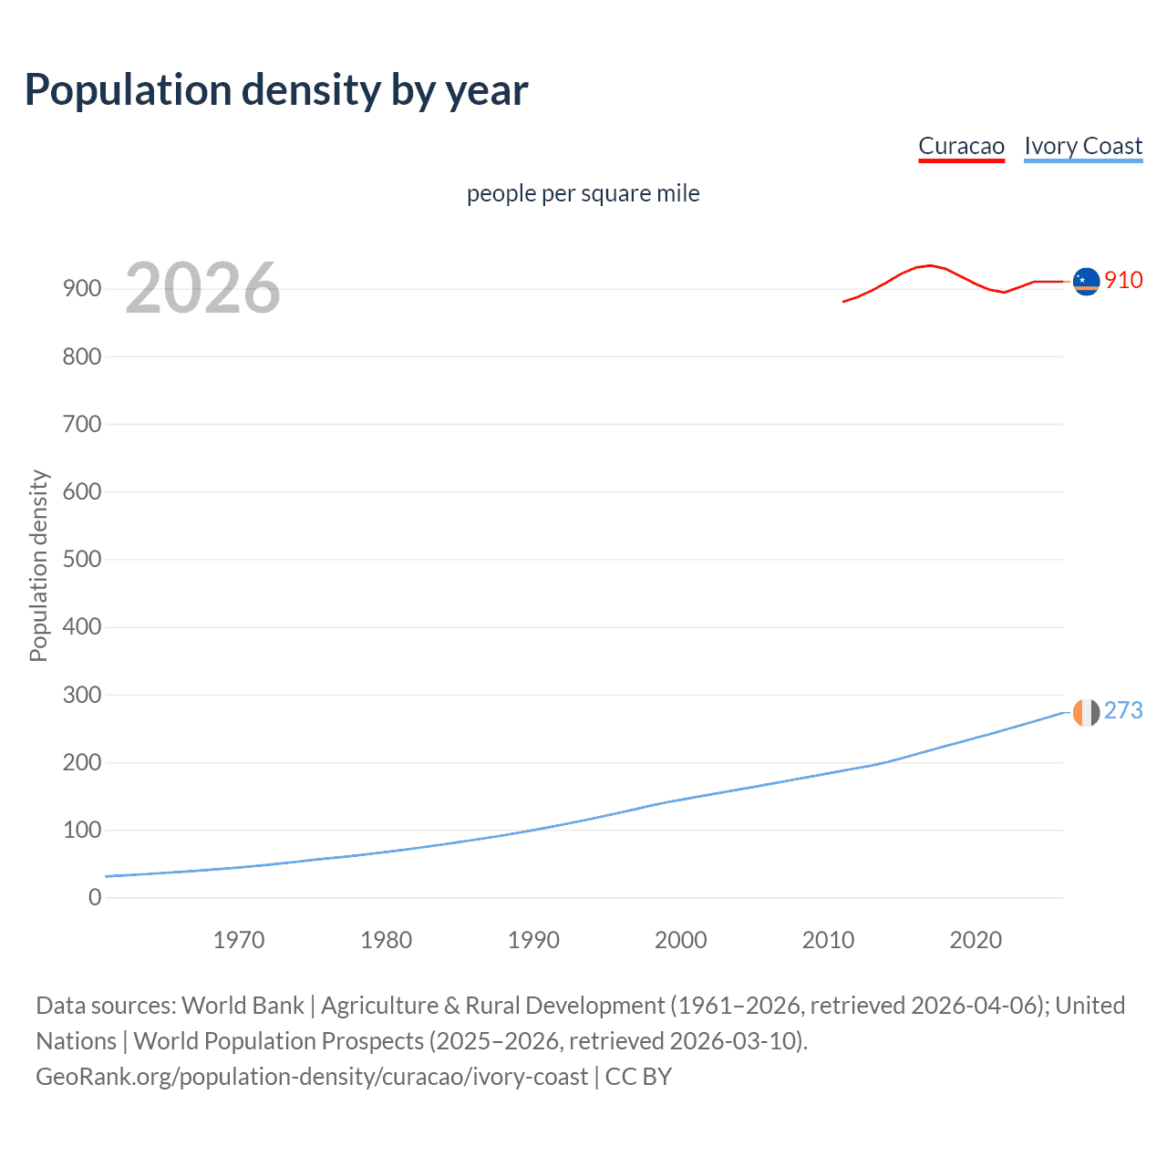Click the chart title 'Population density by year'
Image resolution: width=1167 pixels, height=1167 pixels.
[x=276, y=90]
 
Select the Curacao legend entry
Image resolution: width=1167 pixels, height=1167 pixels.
[x=961, y=146]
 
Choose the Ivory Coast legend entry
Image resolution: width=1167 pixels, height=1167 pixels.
[x=1083, y=146]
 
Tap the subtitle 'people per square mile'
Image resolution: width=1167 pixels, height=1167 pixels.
[x=583, y=193]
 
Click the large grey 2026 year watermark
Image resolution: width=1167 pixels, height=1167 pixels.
[x=202, y=288]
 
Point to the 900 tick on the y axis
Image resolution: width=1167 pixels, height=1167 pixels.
[x=82, y=289]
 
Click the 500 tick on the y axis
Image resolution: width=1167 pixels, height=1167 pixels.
[x=82, y=559]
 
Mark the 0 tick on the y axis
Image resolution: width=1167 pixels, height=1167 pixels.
[x=95, y=897]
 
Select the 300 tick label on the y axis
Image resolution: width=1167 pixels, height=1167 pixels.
[x=82, y=695]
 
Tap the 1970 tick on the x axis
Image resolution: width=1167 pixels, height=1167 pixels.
[x=239, y=940]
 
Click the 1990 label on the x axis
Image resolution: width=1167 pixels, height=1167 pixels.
[x=533, y=940]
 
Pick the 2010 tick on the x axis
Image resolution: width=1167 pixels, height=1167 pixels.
[x=828, y=940]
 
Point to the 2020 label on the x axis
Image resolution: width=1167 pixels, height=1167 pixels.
[x=976, y=940]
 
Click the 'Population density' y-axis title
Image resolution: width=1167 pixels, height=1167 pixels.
[x=38, y=565]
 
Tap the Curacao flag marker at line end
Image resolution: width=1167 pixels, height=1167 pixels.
[x=1086, y=282]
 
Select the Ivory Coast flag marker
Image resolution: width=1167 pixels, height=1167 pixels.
[x=1086, y=712]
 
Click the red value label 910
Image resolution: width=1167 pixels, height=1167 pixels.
[x=1123, y=280]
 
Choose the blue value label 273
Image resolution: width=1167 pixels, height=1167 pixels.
[x=1123, y=710]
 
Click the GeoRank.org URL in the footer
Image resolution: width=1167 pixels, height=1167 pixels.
[x=312, y=1077]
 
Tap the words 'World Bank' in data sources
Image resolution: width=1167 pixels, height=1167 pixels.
[x=243, y=1006]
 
